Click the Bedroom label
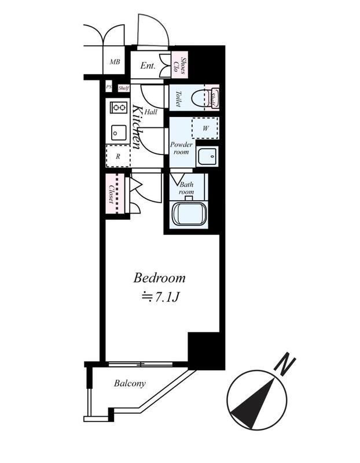tap(159, 278)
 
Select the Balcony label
tap(130, 384)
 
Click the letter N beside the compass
tap(285, 364)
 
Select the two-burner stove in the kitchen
tap(119, 108)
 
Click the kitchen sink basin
tap(119, 133)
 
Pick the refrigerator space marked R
tap(118, 156)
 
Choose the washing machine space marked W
tap(205, 128)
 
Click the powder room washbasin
tap(208, 156)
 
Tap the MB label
tap(115, 62)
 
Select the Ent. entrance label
tap(148, 65)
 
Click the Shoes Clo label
tap(180, 65)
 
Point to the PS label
tap(109, 87)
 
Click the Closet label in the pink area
tap(111, 194)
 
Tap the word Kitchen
tap(137, 127)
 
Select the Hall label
tap(151, 112)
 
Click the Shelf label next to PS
tap(124, 88)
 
